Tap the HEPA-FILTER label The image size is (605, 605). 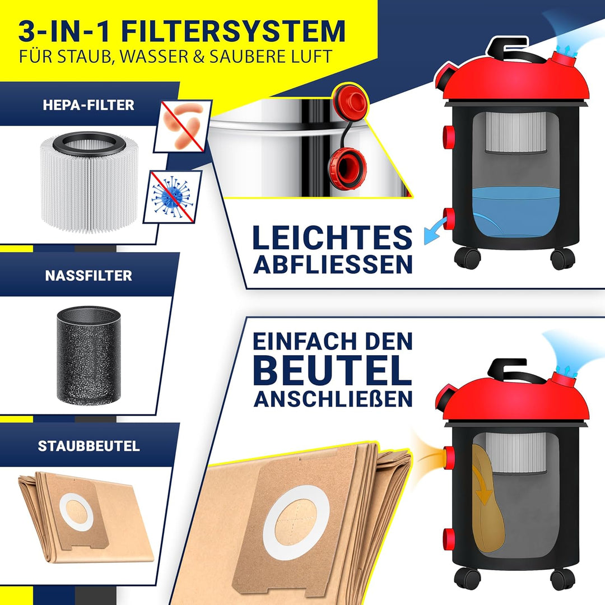point(89,105)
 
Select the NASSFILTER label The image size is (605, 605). point(89,276)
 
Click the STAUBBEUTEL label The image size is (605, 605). point(89,446)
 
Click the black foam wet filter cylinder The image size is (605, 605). point(89,355)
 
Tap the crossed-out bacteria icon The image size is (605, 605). point(183,126)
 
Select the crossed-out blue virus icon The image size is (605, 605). point(172,197)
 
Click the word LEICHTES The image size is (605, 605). point(332,238)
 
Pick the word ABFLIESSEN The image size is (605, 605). point(333,265)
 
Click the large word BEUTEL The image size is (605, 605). point(332,370)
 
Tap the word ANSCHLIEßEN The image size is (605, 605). point(333,398)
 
